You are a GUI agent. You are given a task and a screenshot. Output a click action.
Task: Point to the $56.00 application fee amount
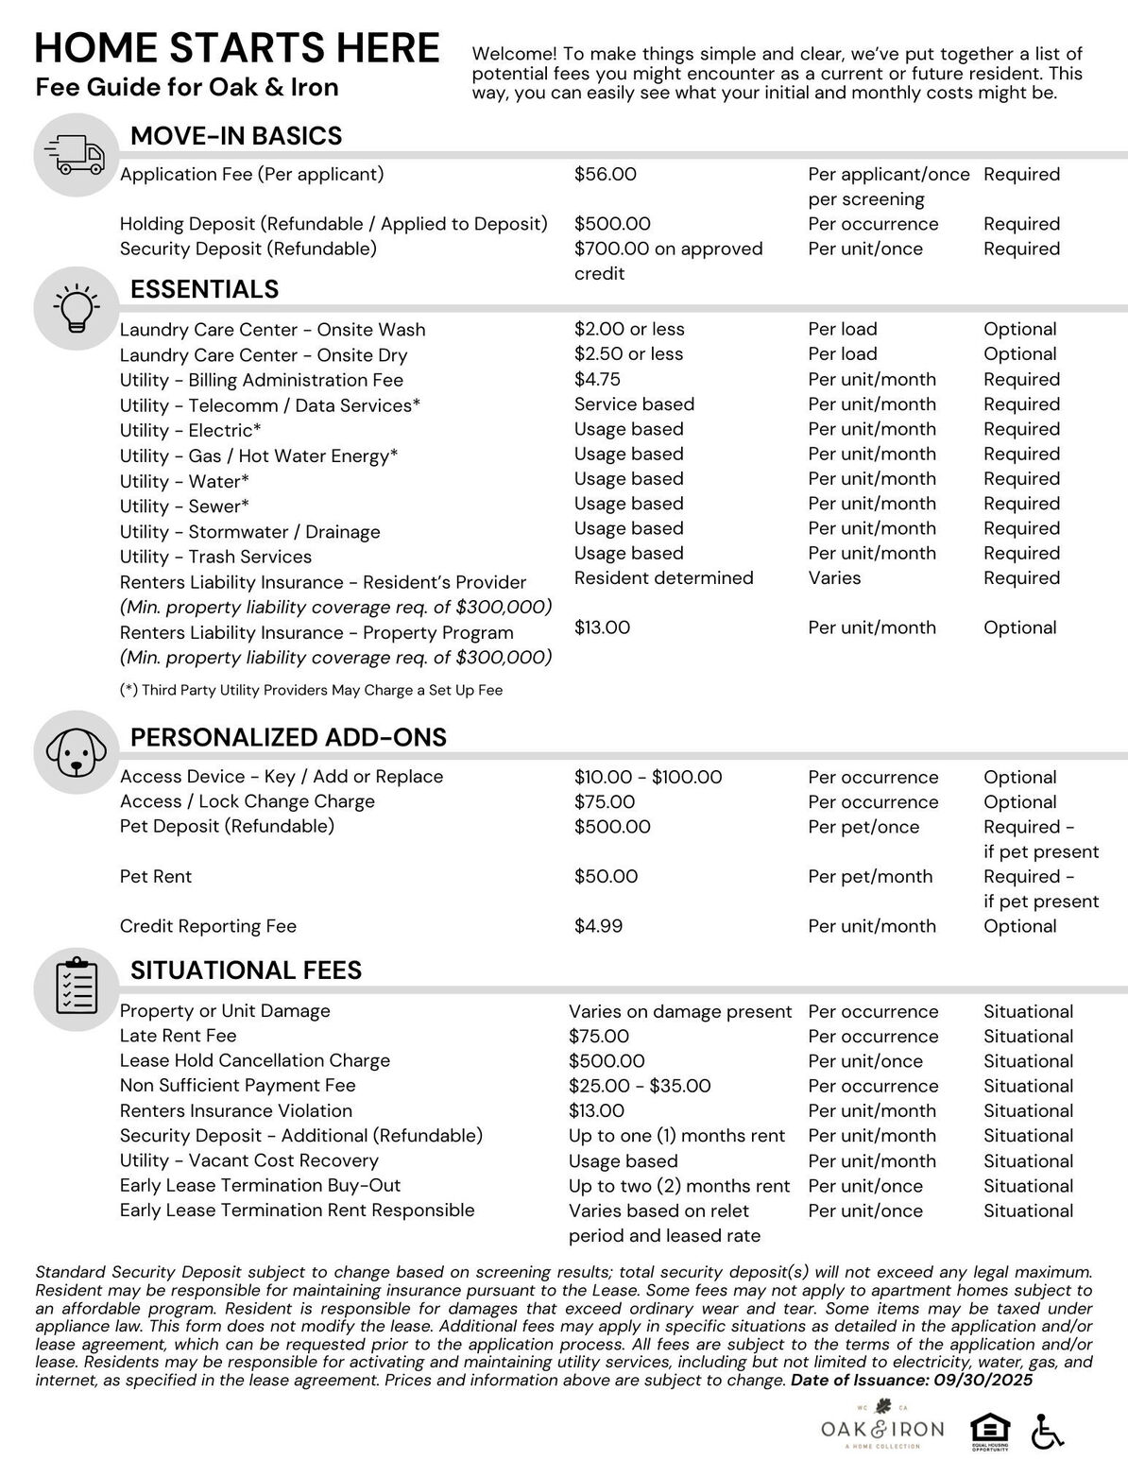point(605,175)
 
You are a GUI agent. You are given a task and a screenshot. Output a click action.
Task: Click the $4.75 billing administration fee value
point(596,379)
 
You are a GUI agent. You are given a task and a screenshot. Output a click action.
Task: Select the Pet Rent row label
point(155,877)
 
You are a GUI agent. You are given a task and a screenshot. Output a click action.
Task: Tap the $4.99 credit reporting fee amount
point(598,926)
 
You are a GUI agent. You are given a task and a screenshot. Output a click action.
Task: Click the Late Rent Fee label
point(178,1036)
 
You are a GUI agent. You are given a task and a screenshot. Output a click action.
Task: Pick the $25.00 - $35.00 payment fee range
point(639,1086)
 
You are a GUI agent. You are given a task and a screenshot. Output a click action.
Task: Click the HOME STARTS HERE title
point(237,48)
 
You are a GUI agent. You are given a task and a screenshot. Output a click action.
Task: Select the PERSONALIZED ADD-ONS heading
point(288,737)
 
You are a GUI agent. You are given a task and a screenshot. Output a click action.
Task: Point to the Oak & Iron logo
point(881,1428)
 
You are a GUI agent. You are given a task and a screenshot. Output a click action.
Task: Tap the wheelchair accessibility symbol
point(1047,1431)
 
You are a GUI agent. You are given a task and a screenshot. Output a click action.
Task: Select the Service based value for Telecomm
point(634,404)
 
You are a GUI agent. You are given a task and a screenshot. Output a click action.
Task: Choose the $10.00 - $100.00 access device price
point(647,778)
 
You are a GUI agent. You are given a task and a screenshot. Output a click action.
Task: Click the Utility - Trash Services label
point(215,557)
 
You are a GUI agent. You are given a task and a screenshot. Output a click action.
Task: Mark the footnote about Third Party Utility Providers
point(311,691)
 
